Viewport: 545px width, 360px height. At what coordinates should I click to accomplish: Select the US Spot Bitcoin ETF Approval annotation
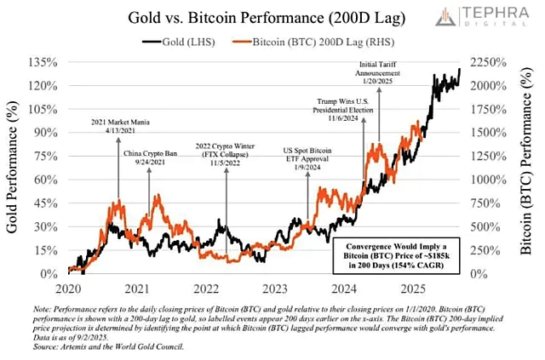tap(308, 158)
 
